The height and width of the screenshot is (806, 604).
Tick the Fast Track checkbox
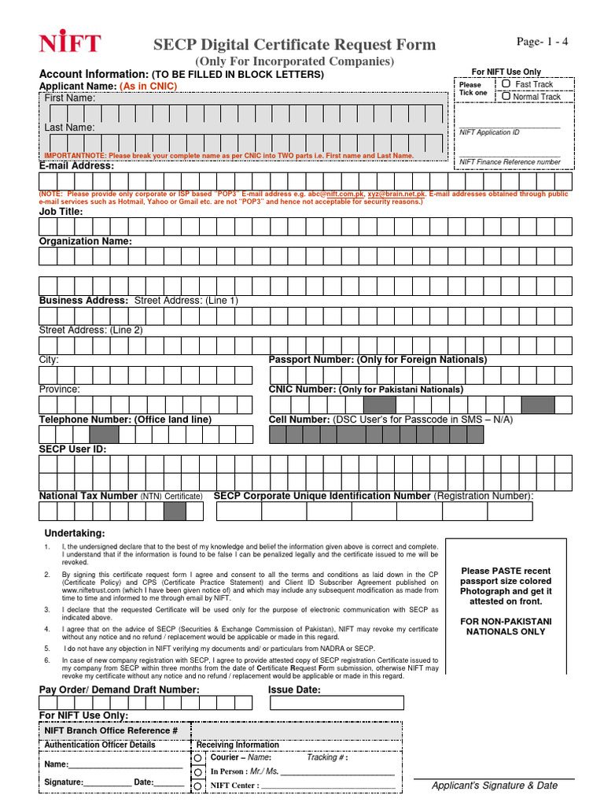point(506,83)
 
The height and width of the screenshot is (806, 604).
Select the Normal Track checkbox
point(506,96)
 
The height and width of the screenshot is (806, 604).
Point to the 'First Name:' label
point(69,98)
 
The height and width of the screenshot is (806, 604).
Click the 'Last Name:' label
point(69,128)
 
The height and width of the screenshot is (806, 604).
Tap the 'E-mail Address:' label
point(76,166)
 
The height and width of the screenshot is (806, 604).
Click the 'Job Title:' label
point(61,211)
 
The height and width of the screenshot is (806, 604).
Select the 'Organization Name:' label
point(86,241)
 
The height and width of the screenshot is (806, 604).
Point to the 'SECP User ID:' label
point(72,449)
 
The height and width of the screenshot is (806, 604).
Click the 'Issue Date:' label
point(294,690)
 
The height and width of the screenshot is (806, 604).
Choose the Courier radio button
point(198,757)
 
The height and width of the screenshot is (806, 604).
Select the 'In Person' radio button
point(198,771)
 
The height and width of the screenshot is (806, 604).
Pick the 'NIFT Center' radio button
point(198,786)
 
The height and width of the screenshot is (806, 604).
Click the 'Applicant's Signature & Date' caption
point(495,786)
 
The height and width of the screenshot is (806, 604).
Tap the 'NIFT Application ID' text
point(489,133)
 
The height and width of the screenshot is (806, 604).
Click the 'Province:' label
point(60,389)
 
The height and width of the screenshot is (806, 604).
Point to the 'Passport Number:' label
point(311,359)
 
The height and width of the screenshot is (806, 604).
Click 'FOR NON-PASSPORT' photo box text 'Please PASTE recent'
point(506,571)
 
